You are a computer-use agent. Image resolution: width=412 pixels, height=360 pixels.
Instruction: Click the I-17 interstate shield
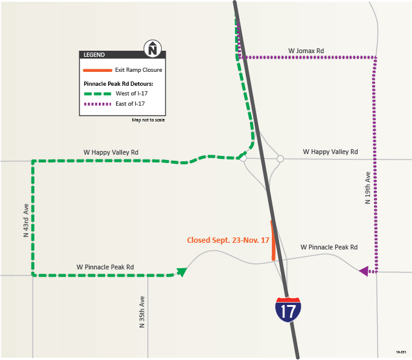coord(288,309)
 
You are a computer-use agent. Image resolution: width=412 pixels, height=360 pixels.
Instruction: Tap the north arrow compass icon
coord(153,48)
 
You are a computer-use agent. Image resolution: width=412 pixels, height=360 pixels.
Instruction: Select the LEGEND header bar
coord(115,55)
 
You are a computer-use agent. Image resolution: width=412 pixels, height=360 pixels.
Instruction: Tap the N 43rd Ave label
coord(26,220)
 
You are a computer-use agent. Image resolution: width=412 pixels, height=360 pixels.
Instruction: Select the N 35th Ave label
coord(142,312)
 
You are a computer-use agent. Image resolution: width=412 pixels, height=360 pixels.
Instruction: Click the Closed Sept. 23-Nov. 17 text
coord(228,240)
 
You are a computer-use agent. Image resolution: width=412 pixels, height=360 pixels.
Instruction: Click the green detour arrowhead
coord(181,271)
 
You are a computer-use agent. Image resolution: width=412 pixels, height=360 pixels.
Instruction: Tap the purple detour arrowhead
coord(364,271)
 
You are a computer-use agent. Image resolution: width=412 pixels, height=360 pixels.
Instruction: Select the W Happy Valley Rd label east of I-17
coord(330,152)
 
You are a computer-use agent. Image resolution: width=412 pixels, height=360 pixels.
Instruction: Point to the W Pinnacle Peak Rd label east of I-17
coord(329,247)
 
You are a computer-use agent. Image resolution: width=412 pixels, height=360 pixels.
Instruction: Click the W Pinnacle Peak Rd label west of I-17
coord(105,266)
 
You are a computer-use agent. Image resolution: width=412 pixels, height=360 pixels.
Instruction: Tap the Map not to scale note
coord(148,120)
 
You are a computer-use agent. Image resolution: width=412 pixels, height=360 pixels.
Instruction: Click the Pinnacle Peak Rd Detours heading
coord(118,83)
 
